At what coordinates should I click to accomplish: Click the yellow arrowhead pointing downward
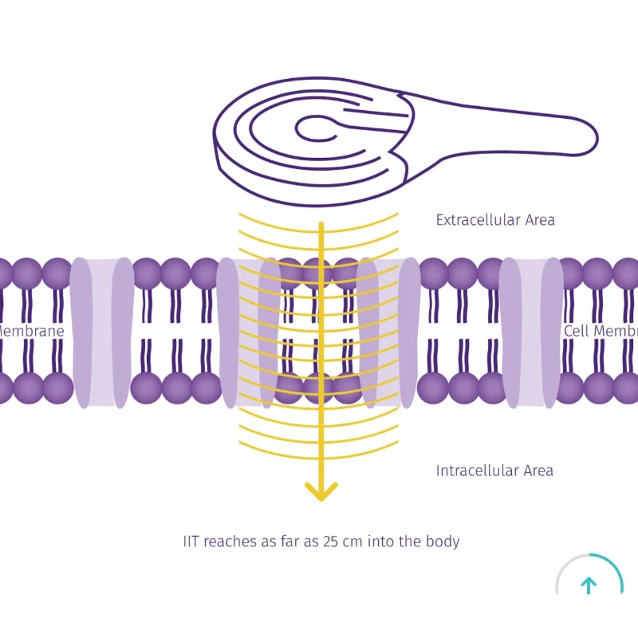point(321,491)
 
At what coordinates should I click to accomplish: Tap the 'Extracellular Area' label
point(495,220)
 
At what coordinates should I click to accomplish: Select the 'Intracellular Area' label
point(494,471)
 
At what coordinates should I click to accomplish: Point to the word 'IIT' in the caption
point(191,542)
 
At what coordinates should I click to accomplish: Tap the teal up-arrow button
point(589,585)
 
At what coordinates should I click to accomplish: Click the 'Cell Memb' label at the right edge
point(601,331)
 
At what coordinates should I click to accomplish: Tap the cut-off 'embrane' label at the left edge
point(32,331)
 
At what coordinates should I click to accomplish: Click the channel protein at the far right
point(530,331)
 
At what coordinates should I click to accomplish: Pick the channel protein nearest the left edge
point(102,331)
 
